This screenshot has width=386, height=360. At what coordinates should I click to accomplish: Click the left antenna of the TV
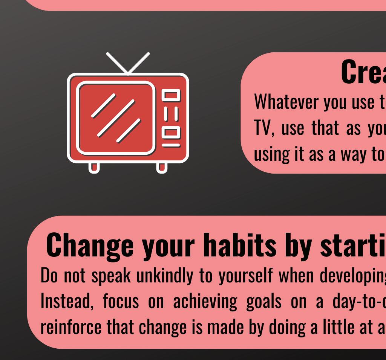click(117, 63)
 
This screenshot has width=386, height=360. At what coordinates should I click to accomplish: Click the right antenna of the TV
click(139, 63)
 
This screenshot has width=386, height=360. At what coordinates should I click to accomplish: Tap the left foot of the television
click(94, 168)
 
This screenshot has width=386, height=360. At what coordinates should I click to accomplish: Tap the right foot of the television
click(162, 168)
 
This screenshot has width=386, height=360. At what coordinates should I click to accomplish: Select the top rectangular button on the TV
click(171, 95)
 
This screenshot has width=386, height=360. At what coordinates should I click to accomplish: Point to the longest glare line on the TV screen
click(116, 118)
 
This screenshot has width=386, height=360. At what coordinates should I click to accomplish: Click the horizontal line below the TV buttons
click(171, 145)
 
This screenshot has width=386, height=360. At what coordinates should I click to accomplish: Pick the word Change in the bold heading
click(90, 246)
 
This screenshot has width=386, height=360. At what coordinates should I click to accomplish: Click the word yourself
click(246, 276)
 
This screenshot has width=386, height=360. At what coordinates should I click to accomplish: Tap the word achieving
click(205, 302)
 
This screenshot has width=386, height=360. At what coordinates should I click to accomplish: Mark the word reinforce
click(71, 327)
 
